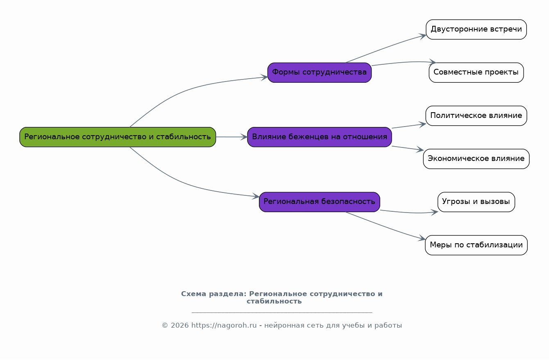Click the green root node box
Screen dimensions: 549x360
pyautogui.click(x=118, y=137)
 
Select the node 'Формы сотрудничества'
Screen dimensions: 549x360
pyautogui.click(x=319, y=72)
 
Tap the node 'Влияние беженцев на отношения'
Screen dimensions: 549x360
pyautogui.click(x=319, y=137)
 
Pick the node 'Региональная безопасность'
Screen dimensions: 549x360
pyautogui.click(x=319, y=202)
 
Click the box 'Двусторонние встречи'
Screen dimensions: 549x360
pyautogui.click(x=476, y=29)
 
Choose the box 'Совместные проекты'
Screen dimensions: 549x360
pyautogui.click(x=476, y=72)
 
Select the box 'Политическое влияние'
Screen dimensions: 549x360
pyautogui.click(x=476, y=115)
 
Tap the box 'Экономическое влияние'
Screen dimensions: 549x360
pyautogui.click(x=476, y=159)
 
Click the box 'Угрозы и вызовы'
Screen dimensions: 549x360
pyautogui.click(x=476, y=202)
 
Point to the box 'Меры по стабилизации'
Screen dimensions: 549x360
pyautogui.click(x=476, y=245)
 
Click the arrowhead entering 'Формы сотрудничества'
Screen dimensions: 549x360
pyautogui.click(x=264, y=77)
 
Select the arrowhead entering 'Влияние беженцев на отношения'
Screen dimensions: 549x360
pyautogui.click(x=244, y=137)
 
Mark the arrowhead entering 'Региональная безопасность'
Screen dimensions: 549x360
pyautogui.click(x=256, y=196)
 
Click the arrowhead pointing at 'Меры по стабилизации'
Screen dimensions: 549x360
pyautogui.click(x=422, y=238)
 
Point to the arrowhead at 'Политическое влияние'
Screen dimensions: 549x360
pyautogui.click(x=422, y=125)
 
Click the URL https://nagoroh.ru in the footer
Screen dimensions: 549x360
pyautogui.click(x=224, y=326)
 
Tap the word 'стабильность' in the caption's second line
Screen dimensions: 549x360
pyautogui.click(x=274, y=301)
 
